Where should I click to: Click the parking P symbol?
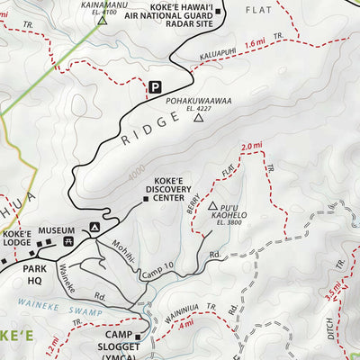[155, 87]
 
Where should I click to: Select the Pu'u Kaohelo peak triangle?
[212, 206]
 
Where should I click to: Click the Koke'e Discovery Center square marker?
[146, 199]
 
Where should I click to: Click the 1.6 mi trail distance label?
[255, 42]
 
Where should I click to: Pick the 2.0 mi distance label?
[251, 146]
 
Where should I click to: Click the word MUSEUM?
[58, 230]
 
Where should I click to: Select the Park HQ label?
[35, 274]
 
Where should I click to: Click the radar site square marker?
[220, 12]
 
